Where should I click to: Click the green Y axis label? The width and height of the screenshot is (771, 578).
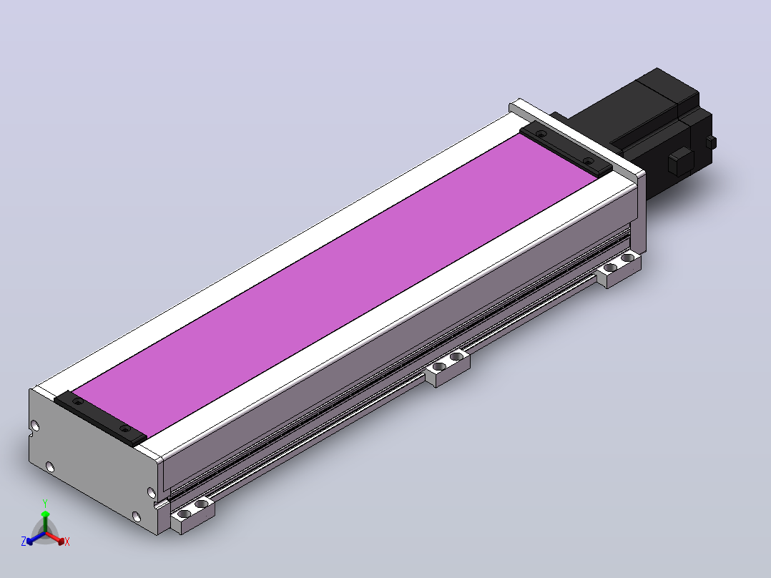click(x=45, y=503)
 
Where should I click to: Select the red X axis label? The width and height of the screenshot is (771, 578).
click(x=67, y=542)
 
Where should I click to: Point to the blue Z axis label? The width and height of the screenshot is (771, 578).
click(x=24, y=542)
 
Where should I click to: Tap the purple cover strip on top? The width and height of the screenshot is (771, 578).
click(x=335, y=285)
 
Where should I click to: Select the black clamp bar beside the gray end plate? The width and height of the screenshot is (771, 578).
click(x=101, y=418)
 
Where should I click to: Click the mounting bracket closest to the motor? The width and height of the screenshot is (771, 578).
click(x=619, y=268)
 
